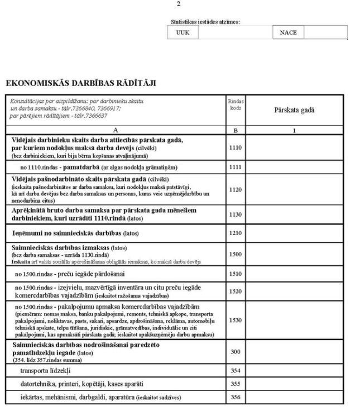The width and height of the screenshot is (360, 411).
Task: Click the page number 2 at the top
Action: (x=178, y=4)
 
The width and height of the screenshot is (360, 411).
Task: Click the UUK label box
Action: (x=183, y=33)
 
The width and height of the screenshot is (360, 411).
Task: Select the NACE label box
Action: (x=288, y=33)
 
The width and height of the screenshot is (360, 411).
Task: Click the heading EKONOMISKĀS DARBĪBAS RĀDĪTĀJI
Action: (x=80, y=83)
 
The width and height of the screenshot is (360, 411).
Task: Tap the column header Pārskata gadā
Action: (x=294, y=110)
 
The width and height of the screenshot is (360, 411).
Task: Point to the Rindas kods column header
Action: (x=235, y=104)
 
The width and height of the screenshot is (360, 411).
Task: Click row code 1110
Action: (x=235, y=147)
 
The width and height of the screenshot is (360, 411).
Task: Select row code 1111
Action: (x=235, y=167)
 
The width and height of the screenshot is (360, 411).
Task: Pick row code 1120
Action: (x=235, y=189)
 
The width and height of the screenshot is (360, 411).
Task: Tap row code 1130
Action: (x=235, y=214)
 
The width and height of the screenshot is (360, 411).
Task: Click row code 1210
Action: (x=235, y=232)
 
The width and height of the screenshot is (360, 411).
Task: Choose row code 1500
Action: (x=235, y=254)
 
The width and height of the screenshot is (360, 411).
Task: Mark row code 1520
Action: (x=235, y=291)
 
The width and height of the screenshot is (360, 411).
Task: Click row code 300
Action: (x=235, y=352)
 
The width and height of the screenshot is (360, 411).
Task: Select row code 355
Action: (x=235, y=384)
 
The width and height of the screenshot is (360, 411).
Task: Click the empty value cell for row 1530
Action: (x=294, y=321)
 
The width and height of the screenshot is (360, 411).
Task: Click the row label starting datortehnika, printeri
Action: (x=81, y=384)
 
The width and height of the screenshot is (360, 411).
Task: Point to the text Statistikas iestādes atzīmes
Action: (x=205, y=22)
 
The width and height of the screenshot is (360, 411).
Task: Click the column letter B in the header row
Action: (x=235, y=130)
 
